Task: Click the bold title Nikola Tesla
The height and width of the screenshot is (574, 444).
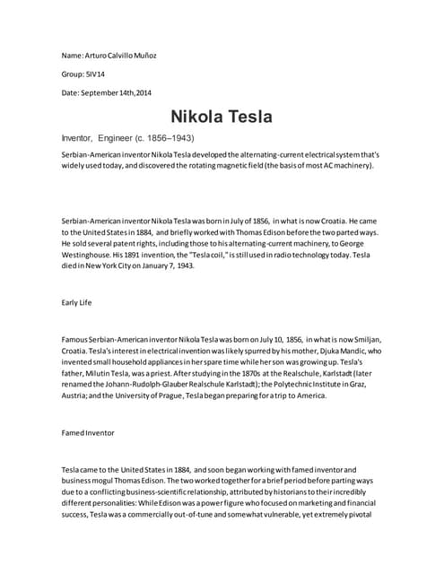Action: (x=222, y=117)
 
